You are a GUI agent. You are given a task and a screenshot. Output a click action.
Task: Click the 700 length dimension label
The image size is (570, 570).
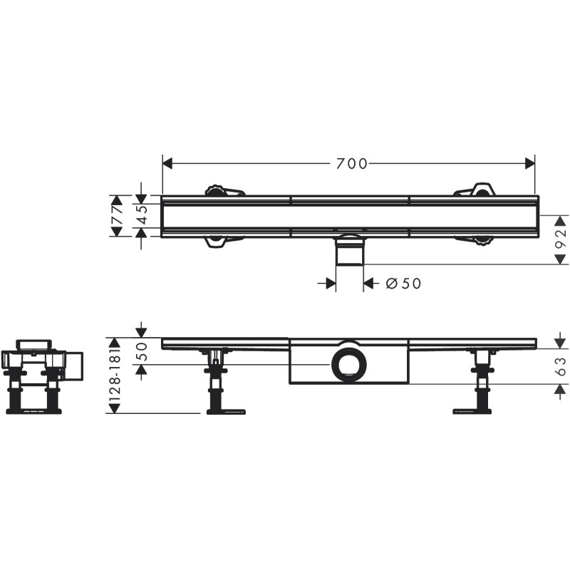coord(351,164)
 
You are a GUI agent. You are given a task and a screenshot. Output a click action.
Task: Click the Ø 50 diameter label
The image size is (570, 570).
coord(403,284)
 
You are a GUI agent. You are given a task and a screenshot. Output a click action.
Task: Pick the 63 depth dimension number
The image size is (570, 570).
coord(561,366)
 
